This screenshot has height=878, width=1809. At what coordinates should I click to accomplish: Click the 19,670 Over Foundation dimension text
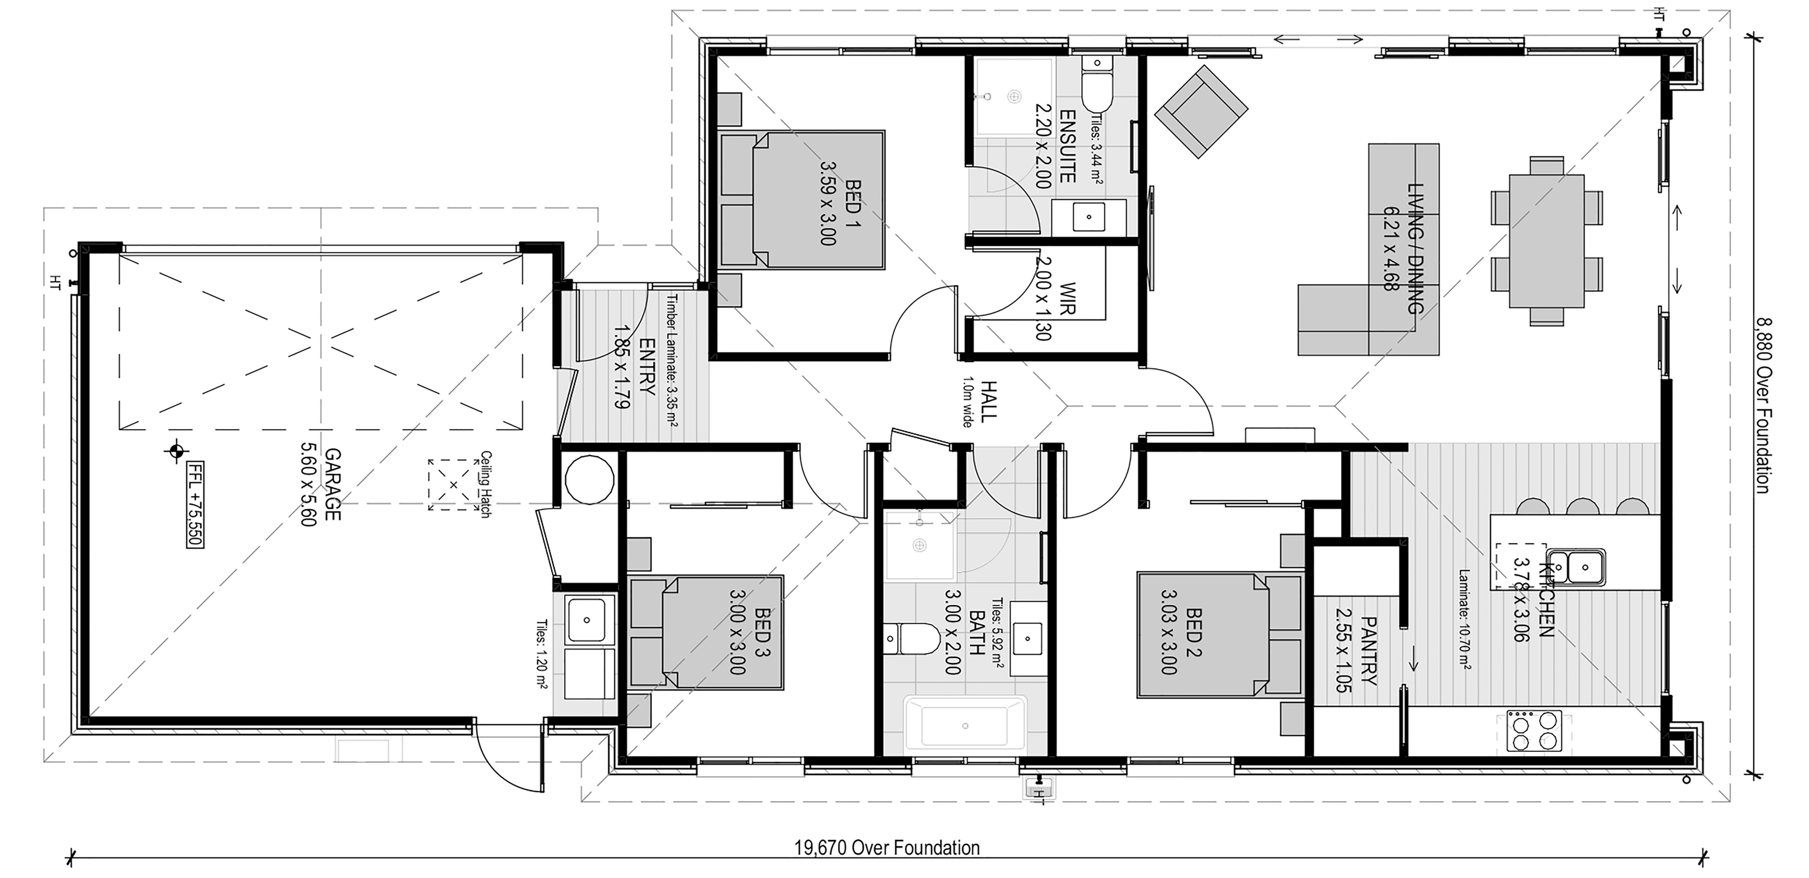click(887, 848)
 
